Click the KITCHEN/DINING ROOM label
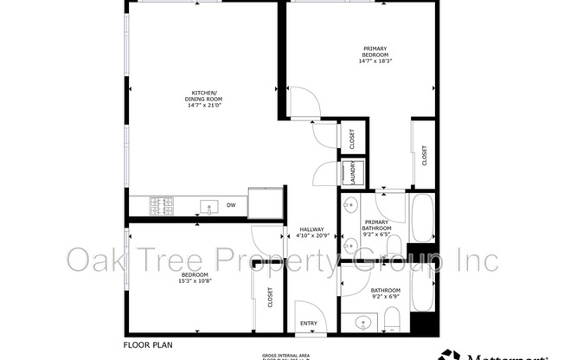(x=205, y=96)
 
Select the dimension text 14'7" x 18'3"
(x=375, y=61)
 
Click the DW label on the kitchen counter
(x=231, y=206)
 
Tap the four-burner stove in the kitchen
(x=162, y=205)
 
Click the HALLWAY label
(x=311, y=229)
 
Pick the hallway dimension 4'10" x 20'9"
(x=311, y=235)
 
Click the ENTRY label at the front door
(x=309, y=324)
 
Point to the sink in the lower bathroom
(x=364, y=323)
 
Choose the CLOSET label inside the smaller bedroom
(x=270, y=299)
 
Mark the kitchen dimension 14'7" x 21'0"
(x=205, y=105)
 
